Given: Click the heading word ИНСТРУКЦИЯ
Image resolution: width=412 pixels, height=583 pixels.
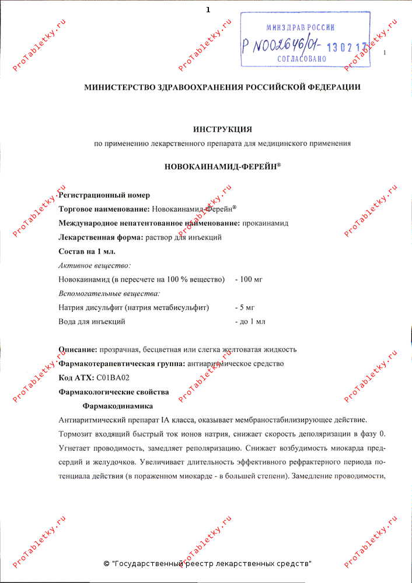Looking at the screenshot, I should coord(222,129).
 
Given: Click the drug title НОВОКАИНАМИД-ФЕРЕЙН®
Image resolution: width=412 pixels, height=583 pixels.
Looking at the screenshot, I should coord(222,166).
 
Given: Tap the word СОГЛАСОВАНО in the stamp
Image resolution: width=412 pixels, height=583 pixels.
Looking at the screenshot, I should coord(300,59).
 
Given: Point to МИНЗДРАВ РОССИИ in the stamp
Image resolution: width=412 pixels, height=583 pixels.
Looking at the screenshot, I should coord(300,27).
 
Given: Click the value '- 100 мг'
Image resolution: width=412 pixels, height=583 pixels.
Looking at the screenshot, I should coord(249,279).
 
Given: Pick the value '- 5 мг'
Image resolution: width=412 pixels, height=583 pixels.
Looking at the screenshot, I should coord(245,307).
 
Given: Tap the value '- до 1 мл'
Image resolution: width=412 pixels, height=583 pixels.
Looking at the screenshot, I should coord(250,321).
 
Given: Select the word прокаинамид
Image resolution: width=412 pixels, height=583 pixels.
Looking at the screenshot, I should coord(265,223).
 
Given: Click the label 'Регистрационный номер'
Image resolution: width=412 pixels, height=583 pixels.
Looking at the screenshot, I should coord(104,195).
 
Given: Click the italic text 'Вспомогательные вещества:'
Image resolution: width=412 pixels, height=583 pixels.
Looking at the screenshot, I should coord(110,293).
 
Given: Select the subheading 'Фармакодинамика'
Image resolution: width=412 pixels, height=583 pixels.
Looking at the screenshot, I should coord(118,406).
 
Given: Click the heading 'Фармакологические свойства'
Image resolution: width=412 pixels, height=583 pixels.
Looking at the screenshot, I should coord(114,392).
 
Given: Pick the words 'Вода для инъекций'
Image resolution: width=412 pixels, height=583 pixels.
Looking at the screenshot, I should coord(92,321).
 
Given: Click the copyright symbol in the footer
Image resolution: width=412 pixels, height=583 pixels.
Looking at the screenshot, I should coord(106,564).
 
